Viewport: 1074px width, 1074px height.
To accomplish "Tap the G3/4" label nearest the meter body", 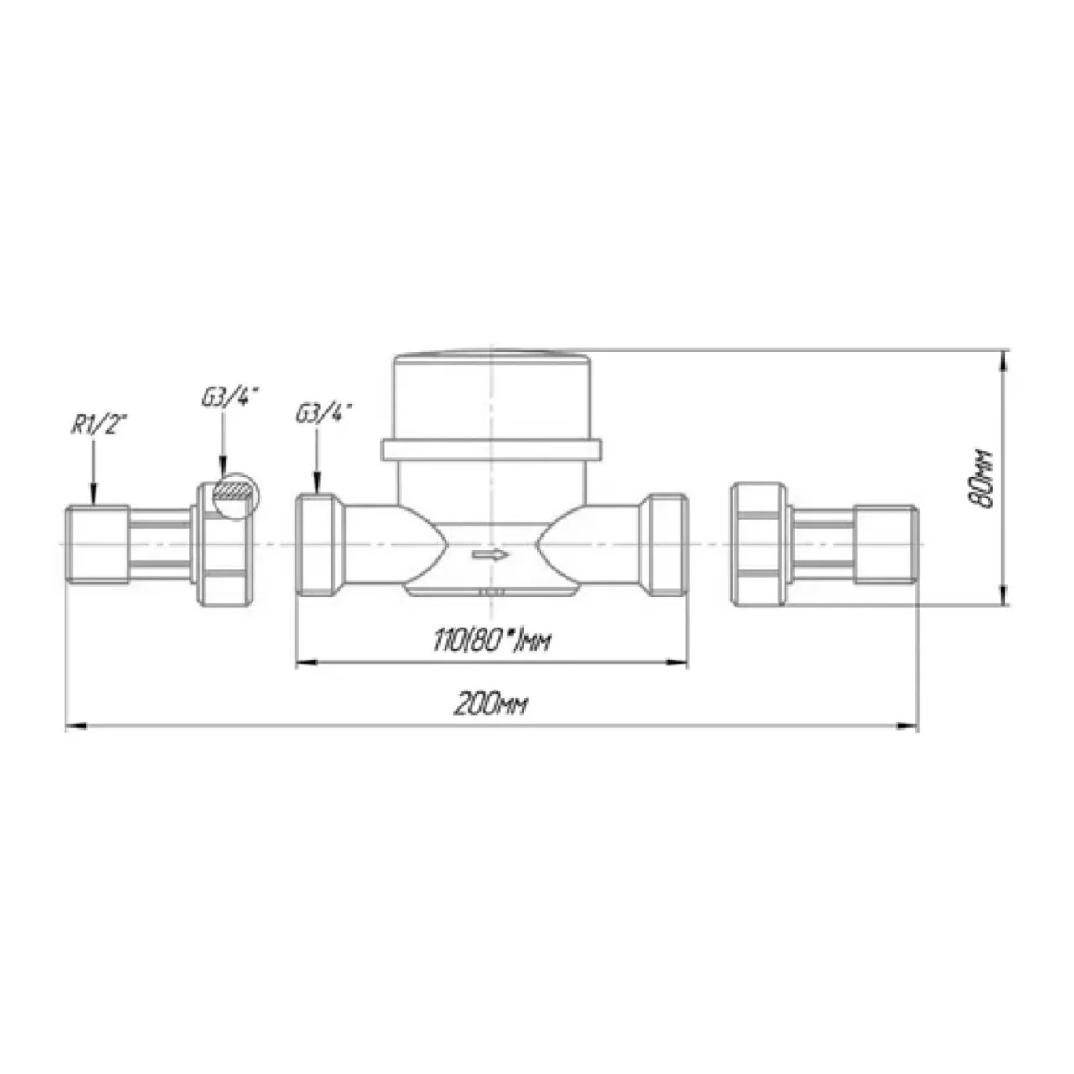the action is point(325,414).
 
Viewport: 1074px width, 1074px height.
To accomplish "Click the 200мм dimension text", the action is point(490,706).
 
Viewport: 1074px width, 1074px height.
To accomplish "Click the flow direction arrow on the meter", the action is point(491,555).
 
